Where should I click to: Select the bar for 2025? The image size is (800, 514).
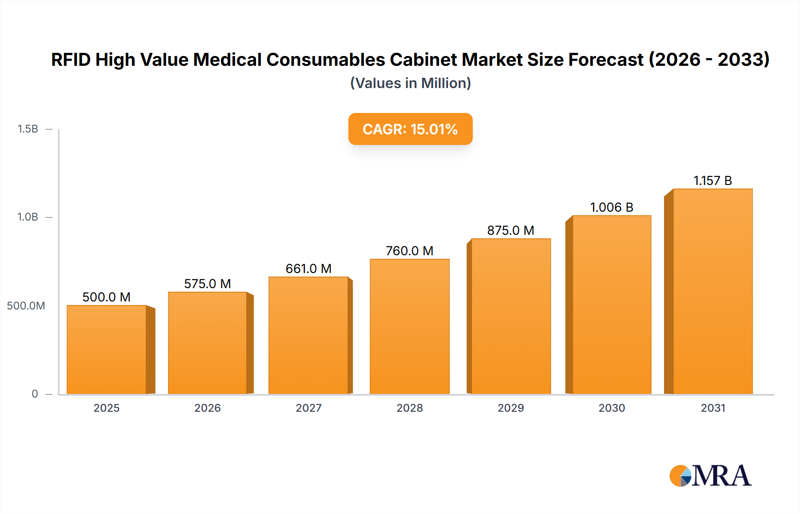click(107, 349)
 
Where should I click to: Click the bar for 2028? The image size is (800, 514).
click(409, 326)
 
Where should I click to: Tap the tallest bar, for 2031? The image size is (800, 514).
click(712, 291)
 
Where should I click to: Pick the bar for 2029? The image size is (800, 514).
click(511, 316)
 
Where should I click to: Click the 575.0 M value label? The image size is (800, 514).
click(208, 284)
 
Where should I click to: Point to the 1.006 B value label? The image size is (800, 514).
click(612, 207)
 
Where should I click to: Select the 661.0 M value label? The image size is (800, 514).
click(308, 269)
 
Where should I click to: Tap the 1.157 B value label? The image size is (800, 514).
click(712, 181)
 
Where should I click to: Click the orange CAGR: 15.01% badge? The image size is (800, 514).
click(410, 129)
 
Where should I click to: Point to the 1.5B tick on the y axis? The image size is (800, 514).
click(28, 129)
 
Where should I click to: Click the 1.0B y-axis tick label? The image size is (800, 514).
click(28, 217)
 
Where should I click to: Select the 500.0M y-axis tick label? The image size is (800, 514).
click(26, 305)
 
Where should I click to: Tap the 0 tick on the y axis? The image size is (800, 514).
click(35, 394)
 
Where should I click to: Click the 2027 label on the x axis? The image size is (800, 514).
click(308, 408)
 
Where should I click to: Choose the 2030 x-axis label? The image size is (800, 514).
click(612, 408)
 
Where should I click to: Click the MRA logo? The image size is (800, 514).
click(710, 476)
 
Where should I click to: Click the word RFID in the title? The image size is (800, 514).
click(71, 60)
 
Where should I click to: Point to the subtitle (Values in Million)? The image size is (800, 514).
click(410, 83)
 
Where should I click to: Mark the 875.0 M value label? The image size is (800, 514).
click(511, 230)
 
